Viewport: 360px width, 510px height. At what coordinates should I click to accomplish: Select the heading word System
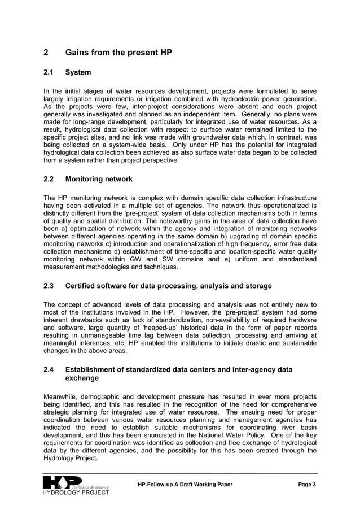[x=78, y=73]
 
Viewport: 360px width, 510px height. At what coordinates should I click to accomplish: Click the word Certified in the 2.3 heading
[x=82, y=286]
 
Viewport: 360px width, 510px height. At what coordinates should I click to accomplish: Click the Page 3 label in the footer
[x=307, y=485]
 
